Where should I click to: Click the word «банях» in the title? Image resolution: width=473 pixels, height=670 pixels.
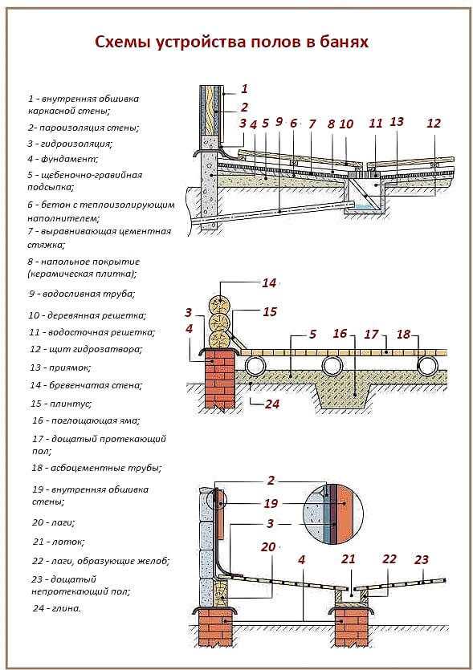click(x=344, y=43)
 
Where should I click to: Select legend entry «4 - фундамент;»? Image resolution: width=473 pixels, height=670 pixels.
click(x=63, y=159)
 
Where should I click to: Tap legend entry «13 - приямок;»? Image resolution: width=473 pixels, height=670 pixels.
click(x=60, y=367)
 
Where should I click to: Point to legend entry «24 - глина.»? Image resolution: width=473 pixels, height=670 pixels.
click(x=57, y=608)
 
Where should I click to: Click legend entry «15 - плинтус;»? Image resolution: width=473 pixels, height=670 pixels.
click(x=61, y=404)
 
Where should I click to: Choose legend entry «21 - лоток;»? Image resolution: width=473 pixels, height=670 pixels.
click(x=59, y=542)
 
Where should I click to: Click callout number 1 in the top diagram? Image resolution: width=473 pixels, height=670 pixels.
click(x=244, y=89)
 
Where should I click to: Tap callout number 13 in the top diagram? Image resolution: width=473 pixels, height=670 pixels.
click(x=397, y=122)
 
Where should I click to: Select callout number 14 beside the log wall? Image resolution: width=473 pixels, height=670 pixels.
click(x=269, y=283)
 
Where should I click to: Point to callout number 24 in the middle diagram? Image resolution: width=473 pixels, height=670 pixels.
click(x=272, y=404)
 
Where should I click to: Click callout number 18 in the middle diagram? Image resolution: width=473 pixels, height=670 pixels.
click(x=403, y=334)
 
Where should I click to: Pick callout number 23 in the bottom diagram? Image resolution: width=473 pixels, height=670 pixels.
click(x=422, y=559)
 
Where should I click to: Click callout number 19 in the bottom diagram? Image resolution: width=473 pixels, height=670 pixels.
click(x=271, y=503)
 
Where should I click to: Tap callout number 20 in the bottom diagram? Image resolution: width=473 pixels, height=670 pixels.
click(x=268, y=546)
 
